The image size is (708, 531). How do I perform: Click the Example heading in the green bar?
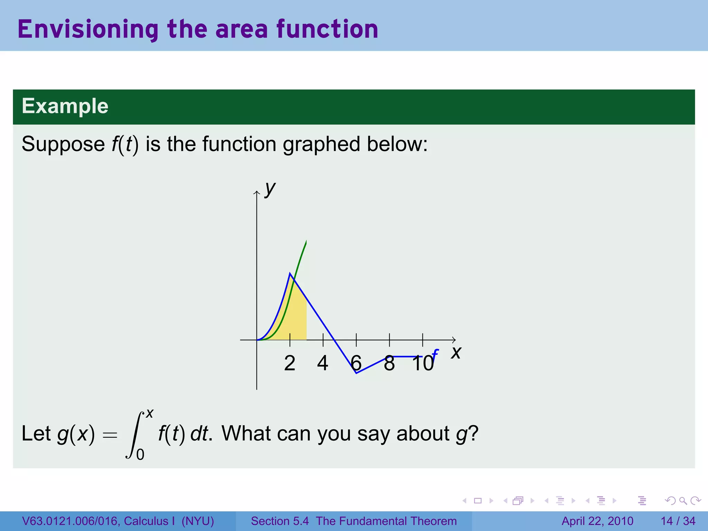(65, 106)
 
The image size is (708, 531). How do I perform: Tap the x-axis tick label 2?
(290, 363)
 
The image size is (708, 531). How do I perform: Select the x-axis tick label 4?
(323, 363)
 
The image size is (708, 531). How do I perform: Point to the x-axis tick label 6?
(356, 363)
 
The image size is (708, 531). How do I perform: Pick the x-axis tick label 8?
(389, 363)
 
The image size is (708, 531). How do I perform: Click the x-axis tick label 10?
(422, 363)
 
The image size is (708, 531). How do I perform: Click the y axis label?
(270, 189)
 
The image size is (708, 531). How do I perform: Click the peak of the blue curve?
(290, 273)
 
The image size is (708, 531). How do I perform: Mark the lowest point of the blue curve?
(356, 373)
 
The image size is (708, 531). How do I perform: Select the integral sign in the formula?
(134, 435)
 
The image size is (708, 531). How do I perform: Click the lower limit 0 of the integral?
(140, 454)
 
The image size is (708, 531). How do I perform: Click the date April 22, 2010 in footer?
(597, 521)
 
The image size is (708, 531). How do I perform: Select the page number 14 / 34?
(678, 521)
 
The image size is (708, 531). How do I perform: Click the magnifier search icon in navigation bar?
(683, 501)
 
